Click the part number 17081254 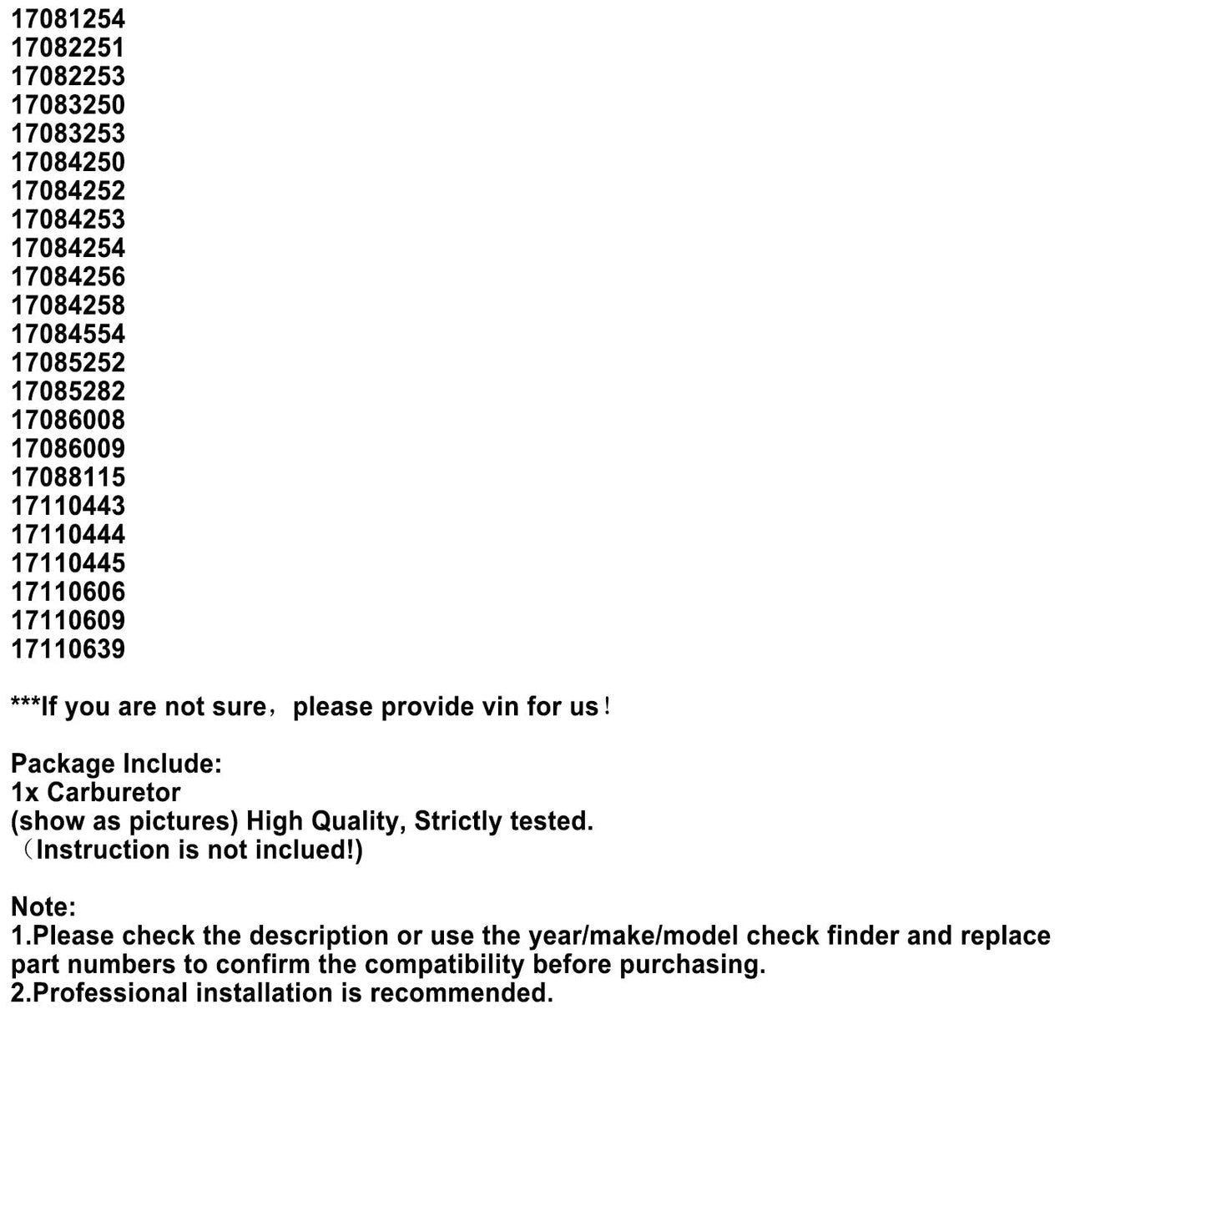coord(68,19)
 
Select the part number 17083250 coord(68,105)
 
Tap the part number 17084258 coord(68,305)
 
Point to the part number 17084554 coord(68,334)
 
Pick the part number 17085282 coord(68,391)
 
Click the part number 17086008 coord(68,420)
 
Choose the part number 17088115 coord(68,477)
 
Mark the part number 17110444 coord(68,534)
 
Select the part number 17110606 coord(68,592)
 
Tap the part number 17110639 coord(68,649)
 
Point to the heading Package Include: coord(116,764)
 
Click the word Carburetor coord(114,793)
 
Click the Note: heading coord(43,907)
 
